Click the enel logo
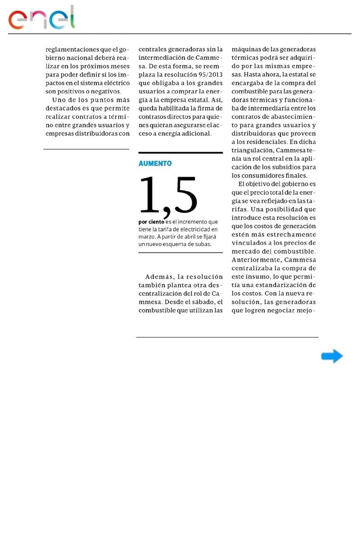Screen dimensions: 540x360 point(42,18)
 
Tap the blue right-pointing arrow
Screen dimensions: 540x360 point(332,356)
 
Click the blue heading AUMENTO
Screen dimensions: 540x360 point(155,164)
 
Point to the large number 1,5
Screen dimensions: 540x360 point(168,196)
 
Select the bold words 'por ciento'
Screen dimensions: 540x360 point(151,222)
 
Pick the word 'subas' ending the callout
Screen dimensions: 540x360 point(202,244)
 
